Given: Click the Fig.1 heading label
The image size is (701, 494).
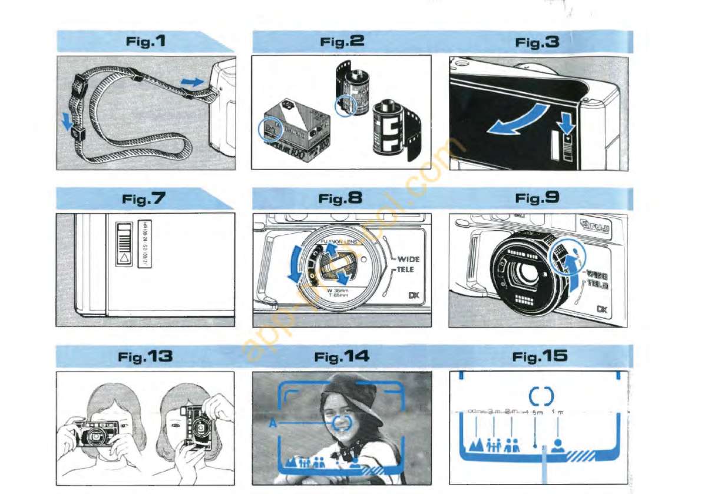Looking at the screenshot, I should (x=146, y=42).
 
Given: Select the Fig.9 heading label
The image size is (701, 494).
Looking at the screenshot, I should (x=537, y=198).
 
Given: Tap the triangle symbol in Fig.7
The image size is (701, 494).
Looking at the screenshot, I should (x=124, y=258).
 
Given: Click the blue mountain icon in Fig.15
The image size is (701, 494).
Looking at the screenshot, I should (x=475, y=444).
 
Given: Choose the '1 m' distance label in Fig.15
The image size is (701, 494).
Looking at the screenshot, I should (x=557, y=412).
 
